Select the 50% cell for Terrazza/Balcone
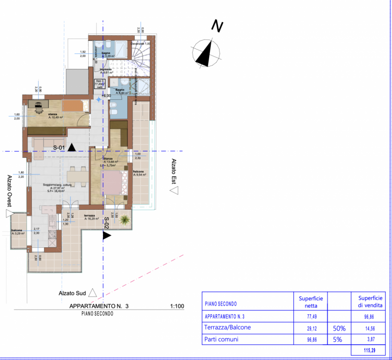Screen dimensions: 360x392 click(x=338, y=328)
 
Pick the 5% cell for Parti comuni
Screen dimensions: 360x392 click(x=338, y=339)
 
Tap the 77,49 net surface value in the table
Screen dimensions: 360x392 click(x=311, y=316)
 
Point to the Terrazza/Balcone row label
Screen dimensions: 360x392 click(x=228, y=328)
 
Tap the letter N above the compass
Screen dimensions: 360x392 click(x=217, y=26)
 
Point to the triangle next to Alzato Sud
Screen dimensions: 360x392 click(x=92, y=293)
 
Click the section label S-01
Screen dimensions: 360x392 click(x=59, y=147)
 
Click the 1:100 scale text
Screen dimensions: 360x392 click(x=176, y=307)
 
